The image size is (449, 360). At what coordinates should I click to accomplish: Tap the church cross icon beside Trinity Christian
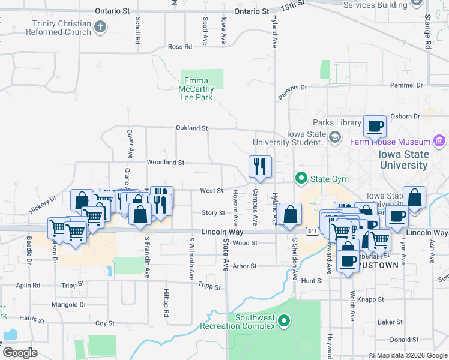pyautogui.click(x=100, y=27)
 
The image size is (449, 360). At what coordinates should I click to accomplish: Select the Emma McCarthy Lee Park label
pyautogui.click(x=196, y=89)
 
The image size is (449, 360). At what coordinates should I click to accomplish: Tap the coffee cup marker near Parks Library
pyautogui.click(x=375, y=127)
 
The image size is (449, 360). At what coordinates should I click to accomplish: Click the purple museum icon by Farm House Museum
pyautogui.click(x=439, y=142)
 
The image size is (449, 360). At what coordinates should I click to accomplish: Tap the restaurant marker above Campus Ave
pyautogui.click(x=260, y=167)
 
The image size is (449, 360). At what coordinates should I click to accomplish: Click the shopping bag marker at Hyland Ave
pyautogui.click(x=290, y=214)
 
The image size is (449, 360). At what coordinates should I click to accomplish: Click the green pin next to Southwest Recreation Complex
pyautogui.click(x=285, y=322)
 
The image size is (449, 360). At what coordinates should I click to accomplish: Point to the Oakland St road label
pyautogui.click(x=191, y=128)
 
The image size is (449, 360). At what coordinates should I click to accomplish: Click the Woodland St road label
pyautogui.click(x=165, y=162)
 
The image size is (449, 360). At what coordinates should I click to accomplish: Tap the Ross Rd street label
pyautogui.click(x=179, y=46)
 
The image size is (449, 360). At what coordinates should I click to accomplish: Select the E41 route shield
pyautogui.click(x=311, y=231)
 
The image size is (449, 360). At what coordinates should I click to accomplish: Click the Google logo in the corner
pyautogui.click(x=20, y=353)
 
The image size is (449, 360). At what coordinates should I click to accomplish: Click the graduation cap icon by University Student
pyautogui.click(x=334, y=138)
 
